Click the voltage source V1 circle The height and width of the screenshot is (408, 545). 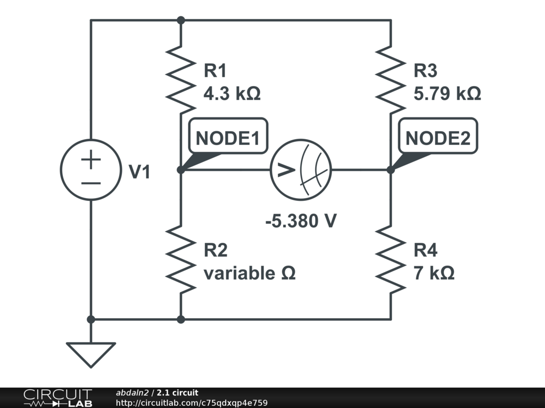pyautogui.click(x=61, y=169)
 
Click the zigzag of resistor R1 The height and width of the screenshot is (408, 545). pyautogui.click(x=181, y=80)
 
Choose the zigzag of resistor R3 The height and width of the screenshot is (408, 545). pyautogui.click(x=391, y=80)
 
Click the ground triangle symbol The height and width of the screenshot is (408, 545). pyautogui.click(x=91, y=344)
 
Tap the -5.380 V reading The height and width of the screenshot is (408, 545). pyautogui.click(x=301, y=220)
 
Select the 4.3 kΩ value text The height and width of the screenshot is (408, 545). pyautogui.click(x=232, y=93)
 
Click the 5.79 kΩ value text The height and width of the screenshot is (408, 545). pyautogui.click(x=447, y=93)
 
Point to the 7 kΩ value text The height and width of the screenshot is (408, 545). pyautogui.click(x=434, y=273)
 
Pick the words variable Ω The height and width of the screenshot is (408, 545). pyautogui.click(x=250, y=273)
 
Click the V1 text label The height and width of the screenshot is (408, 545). pyautogui.click(x=139, y=172)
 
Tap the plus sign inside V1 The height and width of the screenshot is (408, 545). pyautogui.click(x=91, y=159)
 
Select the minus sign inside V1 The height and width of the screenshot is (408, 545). pyautogui.click(x=91, y=183)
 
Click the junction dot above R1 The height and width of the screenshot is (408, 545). pyautogui.click(x=181, y=21)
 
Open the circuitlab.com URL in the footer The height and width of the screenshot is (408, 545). pyautogui.click(x=192, y=403)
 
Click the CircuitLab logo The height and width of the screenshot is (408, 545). pyautogui.click(x=57, y=398)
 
